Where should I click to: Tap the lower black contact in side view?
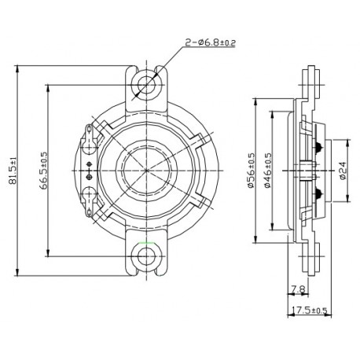[318, 192]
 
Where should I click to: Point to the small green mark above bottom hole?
[144, 242]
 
